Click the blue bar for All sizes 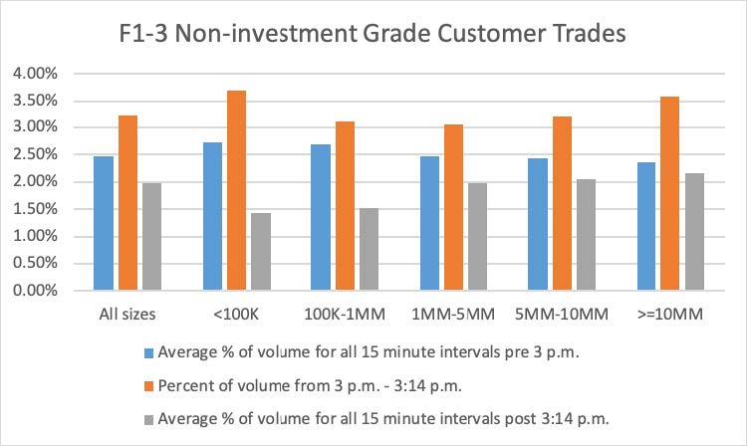[104, 223]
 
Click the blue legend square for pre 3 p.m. [146, 351]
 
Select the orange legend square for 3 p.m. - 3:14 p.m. [146, 382]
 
